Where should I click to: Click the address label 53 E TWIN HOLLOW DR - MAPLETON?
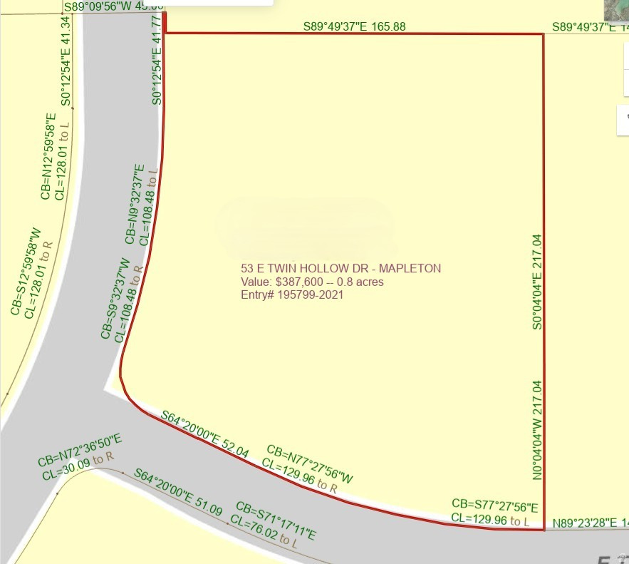point(341,268)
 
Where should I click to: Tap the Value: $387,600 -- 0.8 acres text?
point(312,282)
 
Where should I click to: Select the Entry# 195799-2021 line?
point(292,294)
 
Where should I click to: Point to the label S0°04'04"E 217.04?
point(537,282)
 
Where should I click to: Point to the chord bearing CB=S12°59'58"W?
point(25,272)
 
